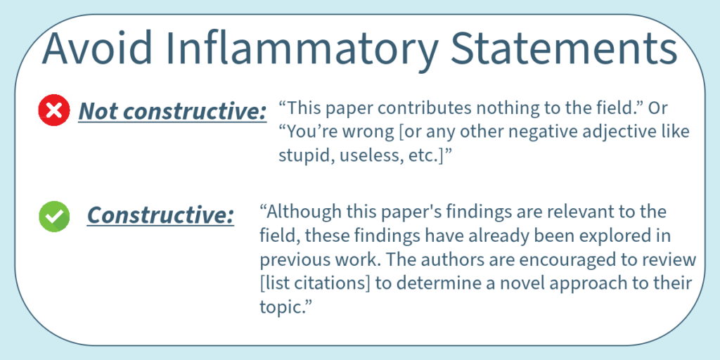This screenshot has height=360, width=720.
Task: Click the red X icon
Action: tap(54, 110)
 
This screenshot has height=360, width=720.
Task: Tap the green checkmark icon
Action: tap(54, 217)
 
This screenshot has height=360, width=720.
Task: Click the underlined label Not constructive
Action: tap(172, 111)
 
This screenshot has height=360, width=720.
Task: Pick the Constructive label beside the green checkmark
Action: tap(160, 215)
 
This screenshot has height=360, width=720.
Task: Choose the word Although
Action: tap(303, 212)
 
